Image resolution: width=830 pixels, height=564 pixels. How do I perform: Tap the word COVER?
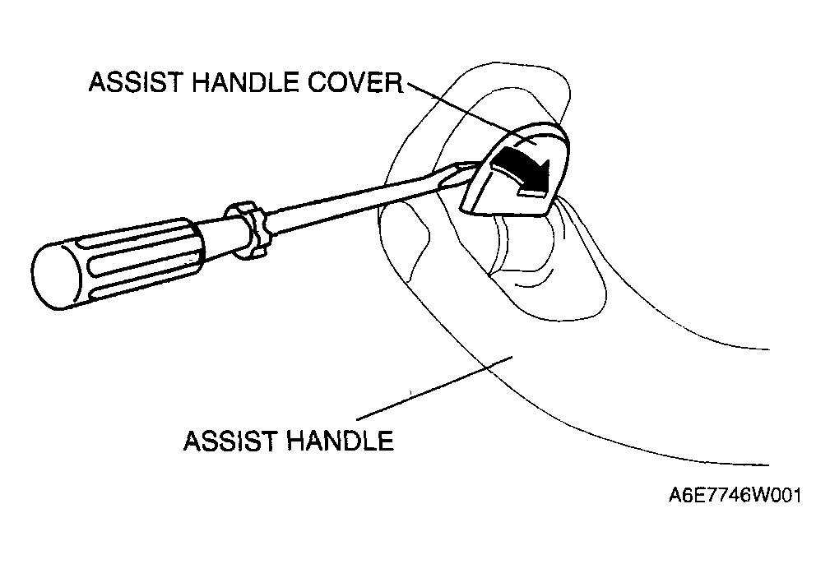355,82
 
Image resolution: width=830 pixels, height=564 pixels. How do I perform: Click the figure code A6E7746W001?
735,496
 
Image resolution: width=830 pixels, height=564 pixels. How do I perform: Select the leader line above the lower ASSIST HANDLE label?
434,388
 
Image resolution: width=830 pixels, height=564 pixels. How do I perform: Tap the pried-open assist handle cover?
513,169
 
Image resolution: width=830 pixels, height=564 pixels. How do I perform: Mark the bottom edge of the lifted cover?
502,211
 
